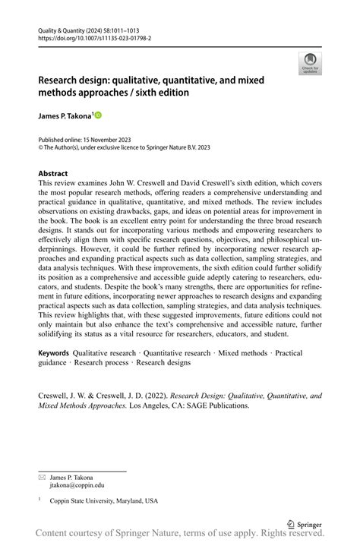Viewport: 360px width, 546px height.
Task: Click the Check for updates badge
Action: (x=309, y=63)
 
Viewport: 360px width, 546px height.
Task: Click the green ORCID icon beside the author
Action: (x=98, y=115)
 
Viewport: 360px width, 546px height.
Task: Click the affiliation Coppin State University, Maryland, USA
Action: (x=104, y=501)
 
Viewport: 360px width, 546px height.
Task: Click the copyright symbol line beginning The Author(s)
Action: (x=114, y=149)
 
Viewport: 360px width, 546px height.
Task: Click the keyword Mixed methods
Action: (x=243, y=353)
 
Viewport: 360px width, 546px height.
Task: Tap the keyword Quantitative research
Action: (x=177, y=353)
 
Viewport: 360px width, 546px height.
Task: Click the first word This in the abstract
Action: (x=46, y=184)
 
